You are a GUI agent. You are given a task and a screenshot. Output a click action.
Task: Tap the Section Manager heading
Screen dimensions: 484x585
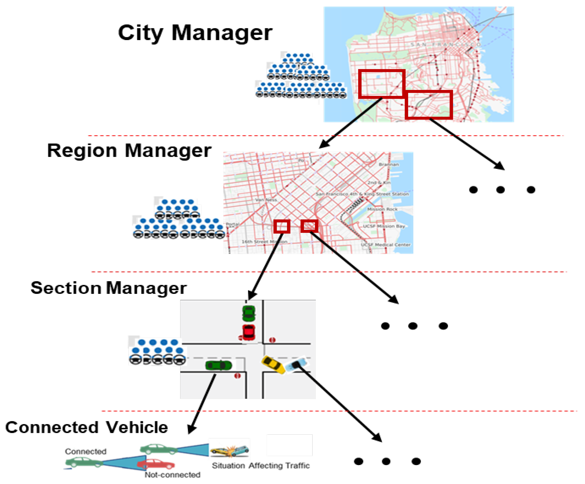pyautogui.click(x=109, y=288)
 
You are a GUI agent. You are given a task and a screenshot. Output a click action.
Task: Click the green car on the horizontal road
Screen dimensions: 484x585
pyautogui.click(x=218, y=365)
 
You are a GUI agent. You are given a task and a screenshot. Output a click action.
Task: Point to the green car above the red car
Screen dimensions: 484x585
pyautogui.click(x=249, y=313)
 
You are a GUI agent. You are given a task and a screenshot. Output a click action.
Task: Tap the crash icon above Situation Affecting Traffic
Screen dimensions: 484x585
pyautogui.click(x=230, y=451)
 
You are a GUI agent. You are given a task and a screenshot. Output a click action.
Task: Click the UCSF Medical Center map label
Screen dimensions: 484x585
pyautogui.click(x=386, y=245)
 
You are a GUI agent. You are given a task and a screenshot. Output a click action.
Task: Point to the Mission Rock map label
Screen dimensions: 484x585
pyautogui.click(x=382, y=209)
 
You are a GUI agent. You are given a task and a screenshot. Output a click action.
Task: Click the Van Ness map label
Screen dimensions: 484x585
pyautogui.click(x=266, y=200)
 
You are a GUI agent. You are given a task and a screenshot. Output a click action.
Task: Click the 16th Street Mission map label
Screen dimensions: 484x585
pyautogui.click(x=264, y=242)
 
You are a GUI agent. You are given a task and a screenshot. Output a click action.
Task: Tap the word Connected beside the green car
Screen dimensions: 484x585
pyautogui.click(x=86, y=451)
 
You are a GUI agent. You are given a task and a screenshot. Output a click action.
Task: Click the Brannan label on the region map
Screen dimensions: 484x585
pyautogui.click(x=389, y=165)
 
